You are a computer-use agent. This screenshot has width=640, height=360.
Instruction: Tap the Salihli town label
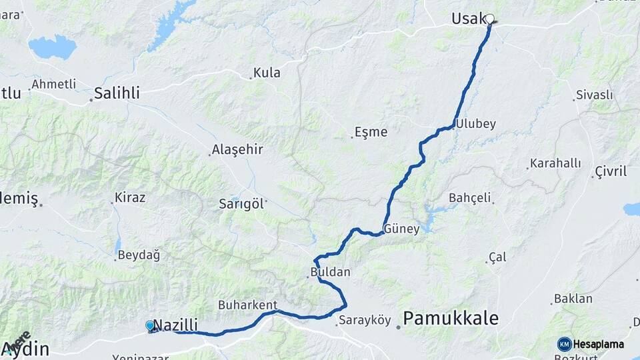(x=117, y=93)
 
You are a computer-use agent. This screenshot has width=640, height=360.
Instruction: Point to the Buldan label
(x=330, y=272)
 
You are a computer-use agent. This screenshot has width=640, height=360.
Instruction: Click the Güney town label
(x=401, y=229)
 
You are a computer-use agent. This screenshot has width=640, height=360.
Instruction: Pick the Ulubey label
(x=477, y=124)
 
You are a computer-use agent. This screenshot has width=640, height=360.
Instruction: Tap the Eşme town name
(x=371, y=132)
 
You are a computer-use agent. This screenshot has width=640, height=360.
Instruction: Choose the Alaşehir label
(x=237, y=149)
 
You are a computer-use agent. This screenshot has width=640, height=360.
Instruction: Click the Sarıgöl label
(x=241, y=204)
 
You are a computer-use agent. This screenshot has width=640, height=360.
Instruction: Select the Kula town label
(x=267, y=73)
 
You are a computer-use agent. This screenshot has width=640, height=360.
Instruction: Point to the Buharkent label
(x=247, y=305)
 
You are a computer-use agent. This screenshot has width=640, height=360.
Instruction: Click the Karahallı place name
(x=555, y=163)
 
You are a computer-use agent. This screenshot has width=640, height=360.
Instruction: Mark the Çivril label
(x=610, y=173)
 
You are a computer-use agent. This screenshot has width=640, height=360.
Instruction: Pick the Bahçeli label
(x=470, y=197)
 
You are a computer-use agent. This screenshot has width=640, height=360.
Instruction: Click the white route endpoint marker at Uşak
(x=490, y=19)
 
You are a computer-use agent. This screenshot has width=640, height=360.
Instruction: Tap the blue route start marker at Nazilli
(x=151, y=325)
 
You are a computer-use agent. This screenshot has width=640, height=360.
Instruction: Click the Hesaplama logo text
(x=598, y=344)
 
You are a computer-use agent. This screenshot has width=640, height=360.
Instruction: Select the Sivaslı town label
(x=594, y=95)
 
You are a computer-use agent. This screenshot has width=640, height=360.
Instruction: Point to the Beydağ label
(x=139, y=255)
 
